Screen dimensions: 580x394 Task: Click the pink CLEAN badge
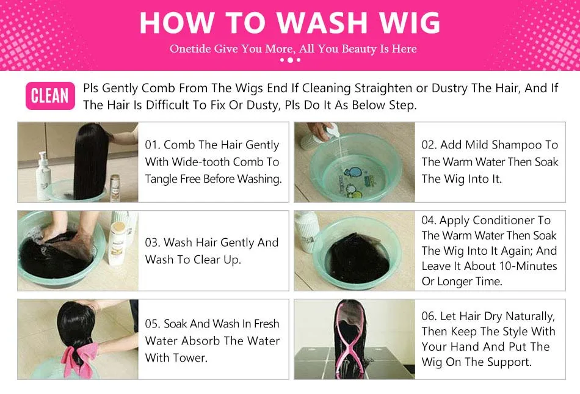point(50,96)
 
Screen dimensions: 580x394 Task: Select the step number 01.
point(153,145)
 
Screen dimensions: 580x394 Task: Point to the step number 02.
point(429,145)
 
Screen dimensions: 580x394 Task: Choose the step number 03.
point(153,243)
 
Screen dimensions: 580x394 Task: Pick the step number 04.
point(429,221)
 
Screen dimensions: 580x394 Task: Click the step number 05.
point(153,324)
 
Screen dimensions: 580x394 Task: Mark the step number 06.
point(429,316)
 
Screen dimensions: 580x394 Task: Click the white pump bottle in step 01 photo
point(43,176)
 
